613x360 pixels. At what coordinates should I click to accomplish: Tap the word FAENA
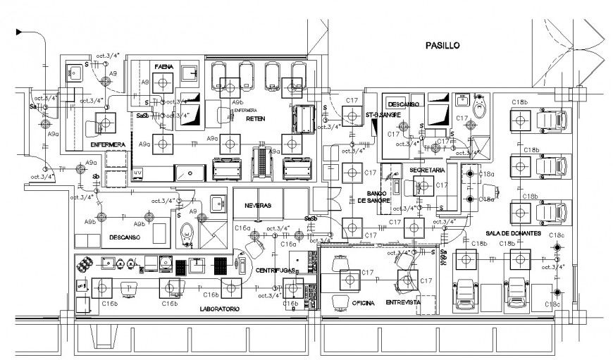[164, 66]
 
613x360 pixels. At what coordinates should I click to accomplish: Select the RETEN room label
[254, 119]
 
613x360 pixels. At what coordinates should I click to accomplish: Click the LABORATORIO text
[218, 309]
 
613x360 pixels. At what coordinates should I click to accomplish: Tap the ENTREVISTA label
[403, 302]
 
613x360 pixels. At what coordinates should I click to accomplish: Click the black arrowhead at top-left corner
[20, 32]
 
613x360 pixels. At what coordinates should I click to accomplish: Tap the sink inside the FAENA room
[189, 73]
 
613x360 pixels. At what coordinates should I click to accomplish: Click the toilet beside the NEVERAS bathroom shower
[187, 233]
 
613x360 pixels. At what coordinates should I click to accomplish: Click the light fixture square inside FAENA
[163, 83]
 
